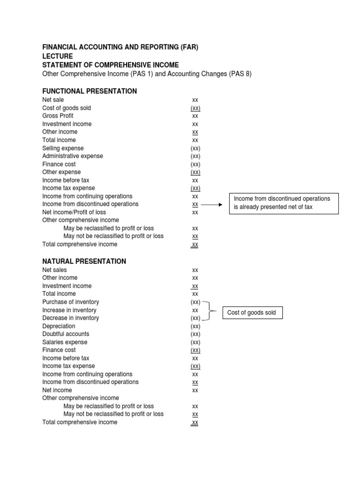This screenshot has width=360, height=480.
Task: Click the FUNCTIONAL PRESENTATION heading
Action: (90, 91)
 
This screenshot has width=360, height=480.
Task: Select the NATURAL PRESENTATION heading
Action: (84, 261)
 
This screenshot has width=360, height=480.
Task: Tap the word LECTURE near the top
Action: (58, 56)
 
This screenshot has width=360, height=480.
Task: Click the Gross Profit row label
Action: (58, 116)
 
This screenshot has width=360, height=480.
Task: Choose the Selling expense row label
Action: (63, 148)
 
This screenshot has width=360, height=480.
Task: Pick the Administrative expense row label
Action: (73, 156)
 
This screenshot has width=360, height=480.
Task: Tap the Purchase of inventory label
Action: (70, 302)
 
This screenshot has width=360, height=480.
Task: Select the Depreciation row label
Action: (59, 326)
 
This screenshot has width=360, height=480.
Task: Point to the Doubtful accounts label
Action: (66, 334)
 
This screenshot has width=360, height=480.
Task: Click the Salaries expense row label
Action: (65, 342)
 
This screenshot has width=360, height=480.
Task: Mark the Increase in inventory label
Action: (69, 310)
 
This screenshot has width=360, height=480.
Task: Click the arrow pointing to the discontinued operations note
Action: (214, 205)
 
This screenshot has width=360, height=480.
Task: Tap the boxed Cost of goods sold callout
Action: (252, 313)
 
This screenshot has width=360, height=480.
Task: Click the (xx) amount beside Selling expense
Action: (195, 148)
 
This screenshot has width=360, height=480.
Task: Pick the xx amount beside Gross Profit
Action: (195, 116)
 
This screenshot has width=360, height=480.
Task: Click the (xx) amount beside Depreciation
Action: (195, 326)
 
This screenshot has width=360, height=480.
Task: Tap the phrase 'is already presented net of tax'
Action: (273, 207)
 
